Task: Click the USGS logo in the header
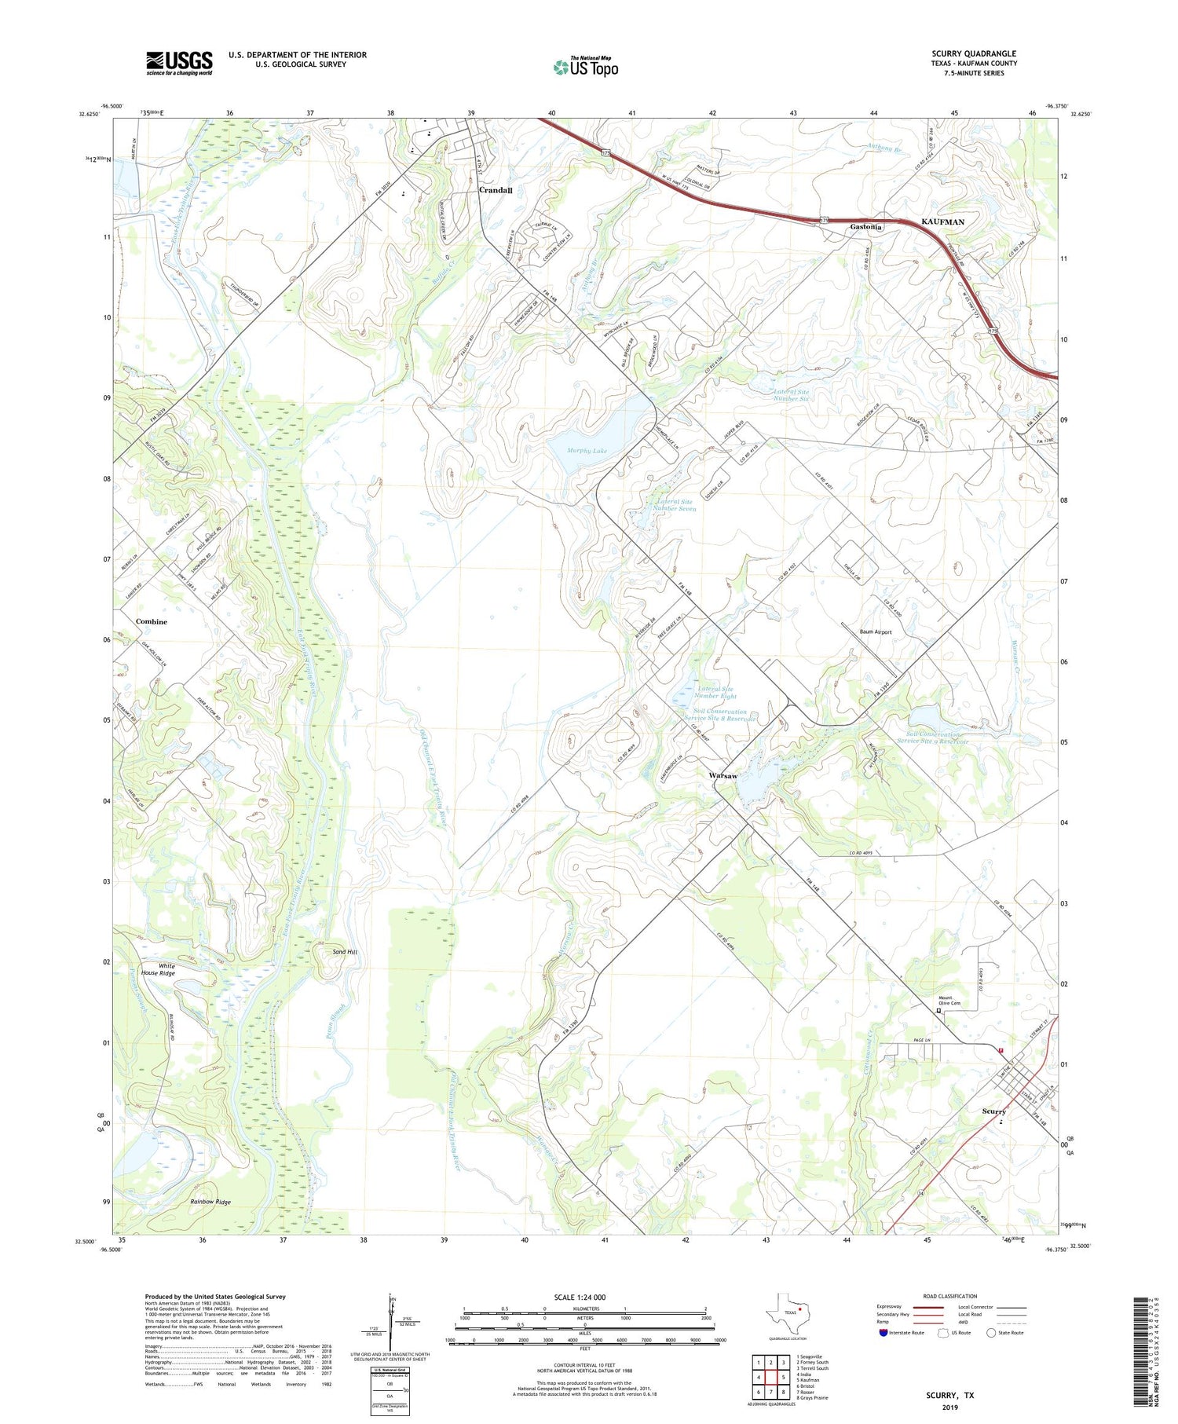[x=179, y=63]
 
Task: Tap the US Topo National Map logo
[x=585, y=67]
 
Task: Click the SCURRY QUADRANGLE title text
[x=973, y=54]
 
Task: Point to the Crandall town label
[x=496, y=190]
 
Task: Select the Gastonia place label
[x=866, y=227]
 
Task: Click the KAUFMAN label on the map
[x=942, y=222]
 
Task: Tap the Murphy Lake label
[x=587, y=451]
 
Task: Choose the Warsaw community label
[x=723, y=775]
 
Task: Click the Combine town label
[x=152, y=621]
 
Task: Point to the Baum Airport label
[x=875, y=631]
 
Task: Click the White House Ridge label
[x=158, y=969]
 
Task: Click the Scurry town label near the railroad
[x=993, y=1111]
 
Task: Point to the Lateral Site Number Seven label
[x=675, y=505]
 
